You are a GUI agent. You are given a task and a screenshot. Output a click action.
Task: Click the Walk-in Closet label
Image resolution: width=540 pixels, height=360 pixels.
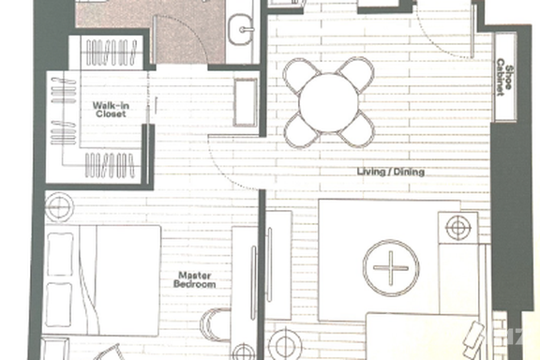[x=111, y=110]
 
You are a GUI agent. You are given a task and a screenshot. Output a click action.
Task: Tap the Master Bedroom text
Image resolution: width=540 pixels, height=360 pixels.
[x=195, y=279]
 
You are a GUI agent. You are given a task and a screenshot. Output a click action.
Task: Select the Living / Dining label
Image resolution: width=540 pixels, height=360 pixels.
[x=391, y=172]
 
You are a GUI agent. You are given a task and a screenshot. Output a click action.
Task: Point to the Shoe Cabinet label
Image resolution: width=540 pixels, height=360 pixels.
[x=504, y=77]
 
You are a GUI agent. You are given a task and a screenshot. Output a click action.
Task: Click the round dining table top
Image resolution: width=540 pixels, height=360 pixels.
[x=328, y=103]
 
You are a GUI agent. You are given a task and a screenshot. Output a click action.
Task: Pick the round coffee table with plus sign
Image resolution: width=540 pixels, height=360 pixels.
[x=391, y=268]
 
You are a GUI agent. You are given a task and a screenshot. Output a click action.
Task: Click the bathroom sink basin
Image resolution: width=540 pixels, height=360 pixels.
[x=242, y=30]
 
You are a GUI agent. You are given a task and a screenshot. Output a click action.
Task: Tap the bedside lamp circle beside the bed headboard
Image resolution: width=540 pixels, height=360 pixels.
[x=59, y=206]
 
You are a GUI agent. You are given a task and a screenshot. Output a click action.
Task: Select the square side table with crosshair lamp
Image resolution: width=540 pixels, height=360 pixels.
[x=458, y=228]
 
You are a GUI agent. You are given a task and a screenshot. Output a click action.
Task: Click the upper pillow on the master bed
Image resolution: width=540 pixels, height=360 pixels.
[x=60, y=255]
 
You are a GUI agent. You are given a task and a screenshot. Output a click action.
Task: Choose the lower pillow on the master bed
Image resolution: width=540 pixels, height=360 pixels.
[x=59, y=305]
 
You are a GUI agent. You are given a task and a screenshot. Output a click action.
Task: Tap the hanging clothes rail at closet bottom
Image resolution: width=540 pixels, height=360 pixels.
[x=110, y=165]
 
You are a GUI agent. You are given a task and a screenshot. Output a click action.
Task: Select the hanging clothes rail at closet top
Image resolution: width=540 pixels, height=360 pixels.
[x=111, y=52]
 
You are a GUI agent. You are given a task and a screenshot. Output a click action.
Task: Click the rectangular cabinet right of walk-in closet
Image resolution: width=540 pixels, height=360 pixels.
[x=246, y=103]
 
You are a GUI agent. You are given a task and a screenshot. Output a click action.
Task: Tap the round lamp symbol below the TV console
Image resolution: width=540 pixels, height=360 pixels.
[x=285, y=344]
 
